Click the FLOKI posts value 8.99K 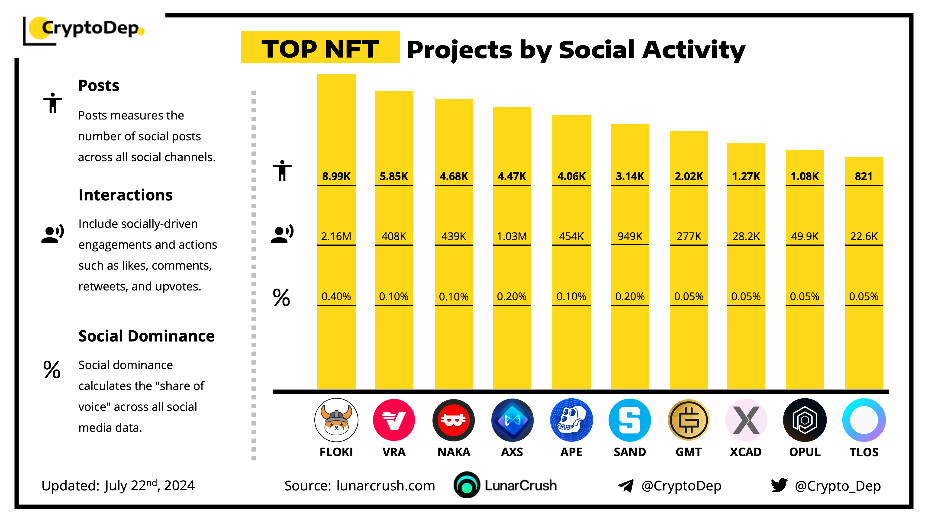click(x=336, y=176)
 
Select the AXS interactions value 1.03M click(x=512, y=236)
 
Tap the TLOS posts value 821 click(x=864, y=176)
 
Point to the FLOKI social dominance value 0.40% click(x=336, y=296)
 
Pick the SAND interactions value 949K click(x=630, y=236)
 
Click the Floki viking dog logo click(x=336, y=420)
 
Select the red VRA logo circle click(x=394, y=420)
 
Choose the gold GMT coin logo click(x=688, y=420)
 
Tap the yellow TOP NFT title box click(x=320, y=48)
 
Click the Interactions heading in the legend click(x=125, y=195)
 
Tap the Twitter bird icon click(x=779, y=485)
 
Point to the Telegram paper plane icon click(x=626, y=486)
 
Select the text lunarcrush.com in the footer click(x=385, y=486)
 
